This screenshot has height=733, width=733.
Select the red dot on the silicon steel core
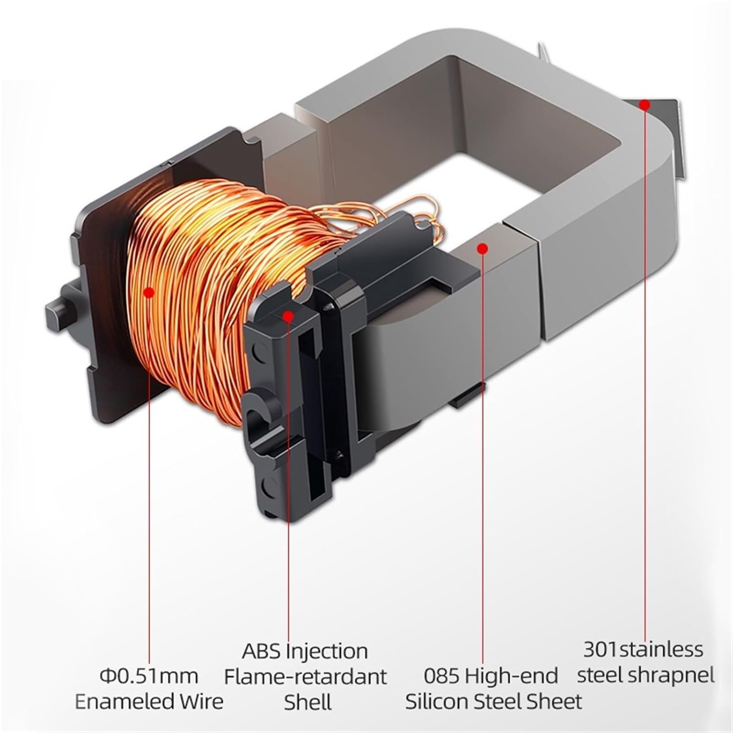pyautogui.click(x=482, y=249)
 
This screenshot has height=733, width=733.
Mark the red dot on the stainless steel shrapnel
pyautogui.click(x=645, y=105)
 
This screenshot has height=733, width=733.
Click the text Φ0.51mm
pyautogui.click(x=149, y=676)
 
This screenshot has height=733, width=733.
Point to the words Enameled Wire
pyautogui.click(x=149, y=702)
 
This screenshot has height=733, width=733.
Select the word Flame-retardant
pyautogui.click(x=305, y=676)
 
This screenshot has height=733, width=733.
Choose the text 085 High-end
pyautogui.click(x=491, y=676)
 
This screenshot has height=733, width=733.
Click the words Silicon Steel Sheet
pyautogui.click(x=494, y=702)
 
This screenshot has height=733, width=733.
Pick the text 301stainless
pyautogui.click(x=643, y=650)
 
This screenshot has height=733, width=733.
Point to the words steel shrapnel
pyautogui.click(x=645, y=676)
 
